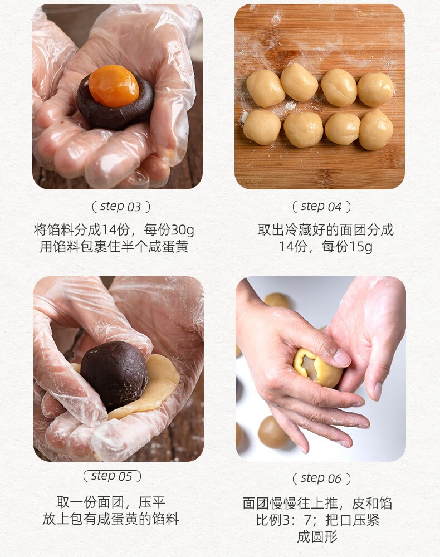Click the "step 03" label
(x=121, y=207)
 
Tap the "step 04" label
(x=321, y=207)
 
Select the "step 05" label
(x=112, y=476)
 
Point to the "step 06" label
(x=321, y=478)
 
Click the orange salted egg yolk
(x=114, y=86)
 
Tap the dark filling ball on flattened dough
(x=114, y=375)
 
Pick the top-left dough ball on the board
(x=265, y=89)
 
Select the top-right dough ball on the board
(x=375, y=90)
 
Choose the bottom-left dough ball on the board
(x=262, y=127)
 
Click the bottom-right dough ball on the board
(x=376, y=130)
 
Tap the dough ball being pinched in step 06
(x=317, y=368)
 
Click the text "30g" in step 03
(x=183, y=230)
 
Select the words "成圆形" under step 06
(x=317, y=536)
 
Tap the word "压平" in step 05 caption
(x=152, y=502)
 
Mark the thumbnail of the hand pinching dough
(x=321, y=369)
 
